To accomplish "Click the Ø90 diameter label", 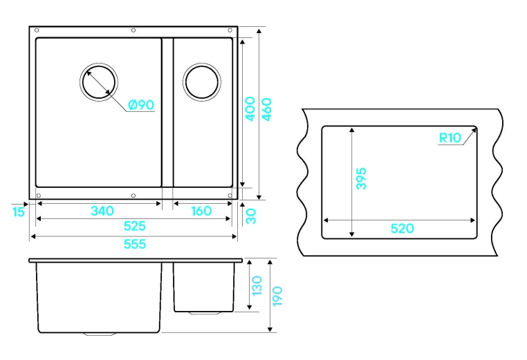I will [x=140, y=105].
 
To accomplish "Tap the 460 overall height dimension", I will [x=267, y=108].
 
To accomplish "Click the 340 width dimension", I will [x=102, y=211].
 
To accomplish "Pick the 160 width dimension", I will [x=201, y=211].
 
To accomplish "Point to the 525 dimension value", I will [x=134, y=226].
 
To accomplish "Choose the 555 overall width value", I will [x=134, y=243].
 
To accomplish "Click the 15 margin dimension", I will [x=18, y=211].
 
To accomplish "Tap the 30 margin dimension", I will [x=251, y=216].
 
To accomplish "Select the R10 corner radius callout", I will [x=450, y=138].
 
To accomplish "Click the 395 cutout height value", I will [x=360, y=178].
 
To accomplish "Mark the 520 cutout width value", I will [x=402, y=228].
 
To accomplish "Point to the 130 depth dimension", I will [x=257, y=285].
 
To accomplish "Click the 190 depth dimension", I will [x=277, y=296].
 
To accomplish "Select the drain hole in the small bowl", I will [x=202, y=82].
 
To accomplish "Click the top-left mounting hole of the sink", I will [x=37, y=31].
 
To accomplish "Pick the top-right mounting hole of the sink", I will [x=230, y=31].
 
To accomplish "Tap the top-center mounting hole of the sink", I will [x=133, y=31].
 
